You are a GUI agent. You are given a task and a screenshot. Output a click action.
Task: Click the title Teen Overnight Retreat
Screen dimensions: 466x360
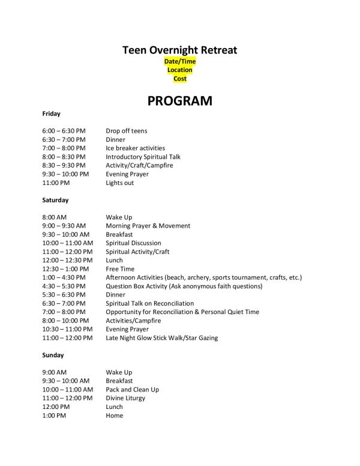(x=180, y=50)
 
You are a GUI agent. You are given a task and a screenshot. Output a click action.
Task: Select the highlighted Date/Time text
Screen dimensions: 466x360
(x=180, y=62)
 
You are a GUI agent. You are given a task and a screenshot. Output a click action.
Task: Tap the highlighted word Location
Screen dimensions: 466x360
(x=180, y=70)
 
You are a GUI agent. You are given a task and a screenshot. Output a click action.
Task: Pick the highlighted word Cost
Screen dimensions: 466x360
(x=180, y=79)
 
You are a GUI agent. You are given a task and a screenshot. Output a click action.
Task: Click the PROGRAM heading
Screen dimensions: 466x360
(x=180, y=100)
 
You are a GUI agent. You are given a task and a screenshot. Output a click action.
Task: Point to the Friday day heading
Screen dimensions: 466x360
(x=52, y=113)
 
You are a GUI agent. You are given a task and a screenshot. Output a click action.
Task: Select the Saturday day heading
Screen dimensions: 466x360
(x=55, y=199)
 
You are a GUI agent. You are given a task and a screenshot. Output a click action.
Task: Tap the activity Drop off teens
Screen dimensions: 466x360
(x=127, y=131)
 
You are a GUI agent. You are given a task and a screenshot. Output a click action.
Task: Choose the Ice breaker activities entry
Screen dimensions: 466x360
(x=135, y=148)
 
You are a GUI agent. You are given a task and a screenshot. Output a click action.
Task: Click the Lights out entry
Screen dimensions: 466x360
(x=119, y=183)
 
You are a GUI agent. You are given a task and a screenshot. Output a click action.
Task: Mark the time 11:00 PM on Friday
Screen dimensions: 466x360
(x=56, y=183)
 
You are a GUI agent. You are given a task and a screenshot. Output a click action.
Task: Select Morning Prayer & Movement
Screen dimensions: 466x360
(x=148, y=226)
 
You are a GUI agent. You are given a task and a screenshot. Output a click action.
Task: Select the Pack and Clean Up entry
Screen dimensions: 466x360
(x=132, y=390)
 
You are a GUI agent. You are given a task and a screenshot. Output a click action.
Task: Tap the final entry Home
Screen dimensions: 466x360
(x=114, y=416)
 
